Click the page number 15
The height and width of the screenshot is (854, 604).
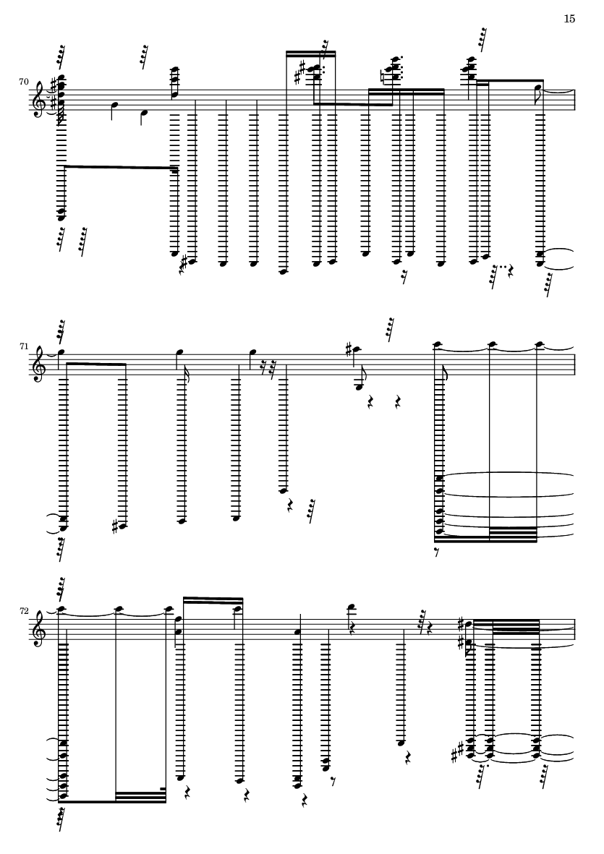(569, 20)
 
